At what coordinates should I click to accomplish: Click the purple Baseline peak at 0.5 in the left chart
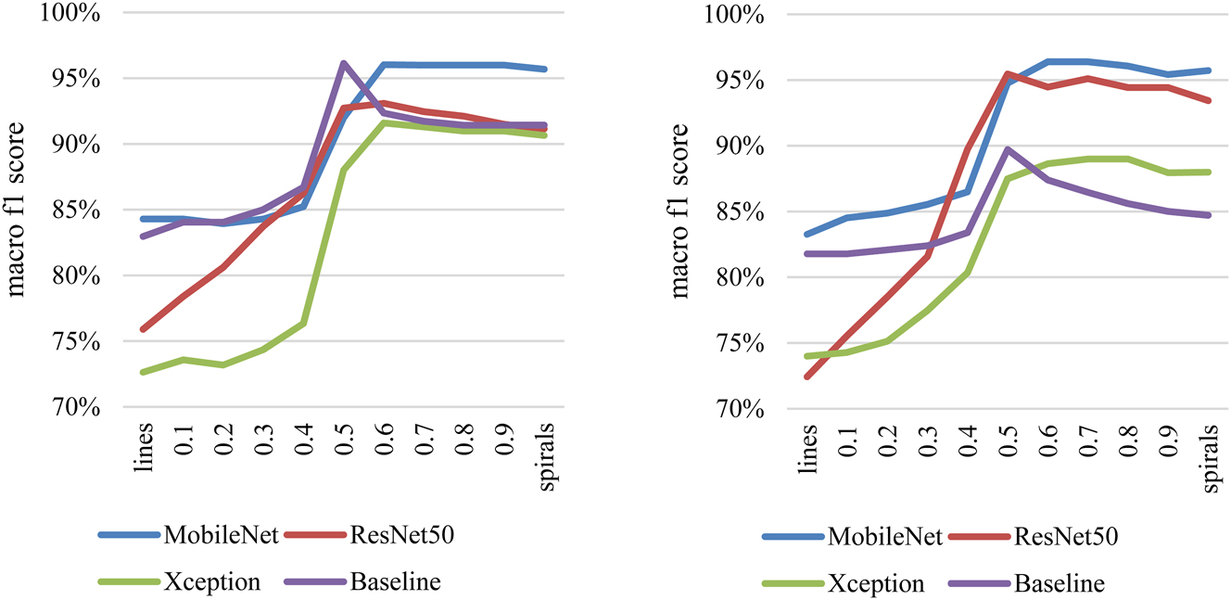[343, 63]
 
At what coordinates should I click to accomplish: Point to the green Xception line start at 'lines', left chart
[143, 372]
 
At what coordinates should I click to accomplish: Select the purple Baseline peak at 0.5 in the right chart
[1009, 148]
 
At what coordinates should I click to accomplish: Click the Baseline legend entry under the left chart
[394, 582]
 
